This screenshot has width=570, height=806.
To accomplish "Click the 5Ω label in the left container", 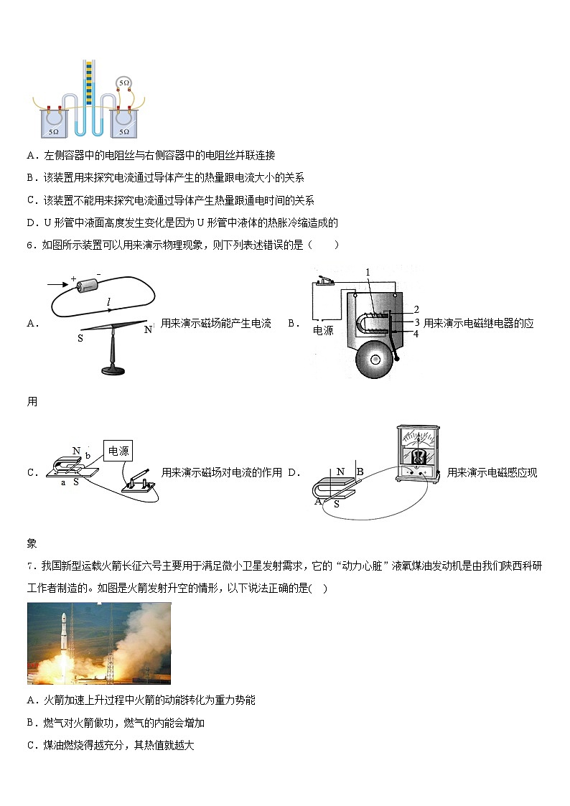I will click(x=53, y=132).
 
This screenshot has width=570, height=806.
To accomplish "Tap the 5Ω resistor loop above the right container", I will click(x=124, y=84).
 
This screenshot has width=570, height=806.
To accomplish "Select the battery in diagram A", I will click(x=88, y=285).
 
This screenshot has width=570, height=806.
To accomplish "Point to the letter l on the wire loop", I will click(x=108, y=304).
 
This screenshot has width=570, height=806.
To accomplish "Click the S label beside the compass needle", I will click(x=80, y=337).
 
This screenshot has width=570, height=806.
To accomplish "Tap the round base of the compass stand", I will click(x=113, y=370).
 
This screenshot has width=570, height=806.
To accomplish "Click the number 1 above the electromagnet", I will click(x=367, y=273).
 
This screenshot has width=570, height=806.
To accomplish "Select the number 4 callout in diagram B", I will click(x=416, y=334).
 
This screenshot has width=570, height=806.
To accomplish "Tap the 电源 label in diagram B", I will click(x=324, y=331).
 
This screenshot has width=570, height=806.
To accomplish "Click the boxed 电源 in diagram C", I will click(x=118, y=451).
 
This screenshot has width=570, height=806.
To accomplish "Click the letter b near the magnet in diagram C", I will click(x=88, y=456).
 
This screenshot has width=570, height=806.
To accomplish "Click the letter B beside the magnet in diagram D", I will click(x=360, y=472).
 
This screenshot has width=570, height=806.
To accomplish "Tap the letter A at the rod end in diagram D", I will click(x=318, y=501).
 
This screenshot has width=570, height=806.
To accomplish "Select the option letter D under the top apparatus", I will click(x=31, y=222).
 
